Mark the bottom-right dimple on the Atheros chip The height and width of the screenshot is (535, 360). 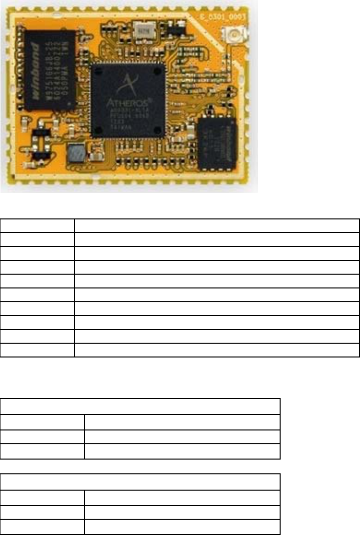157,130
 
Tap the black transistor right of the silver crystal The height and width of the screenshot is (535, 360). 172,30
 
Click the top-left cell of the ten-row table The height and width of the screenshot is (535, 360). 37,226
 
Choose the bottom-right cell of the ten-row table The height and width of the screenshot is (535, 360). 216,350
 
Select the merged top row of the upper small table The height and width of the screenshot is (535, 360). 141,407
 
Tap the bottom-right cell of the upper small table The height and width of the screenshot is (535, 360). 182,452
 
